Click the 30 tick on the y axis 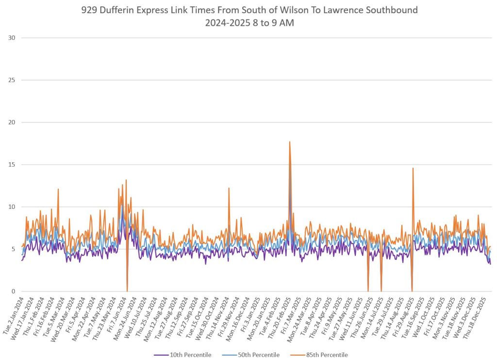coord(11,38)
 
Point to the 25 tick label coord(11,80)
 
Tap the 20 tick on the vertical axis coord(11,122)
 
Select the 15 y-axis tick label coord(11,165)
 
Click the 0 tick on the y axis coord(13,291)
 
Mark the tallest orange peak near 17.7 coord(290,142)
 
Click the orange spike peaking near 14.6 coord(413,169)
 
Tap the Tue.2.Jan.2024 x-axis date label coord(13,313)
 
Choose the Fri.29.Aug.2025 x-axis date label coord(404,313)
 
